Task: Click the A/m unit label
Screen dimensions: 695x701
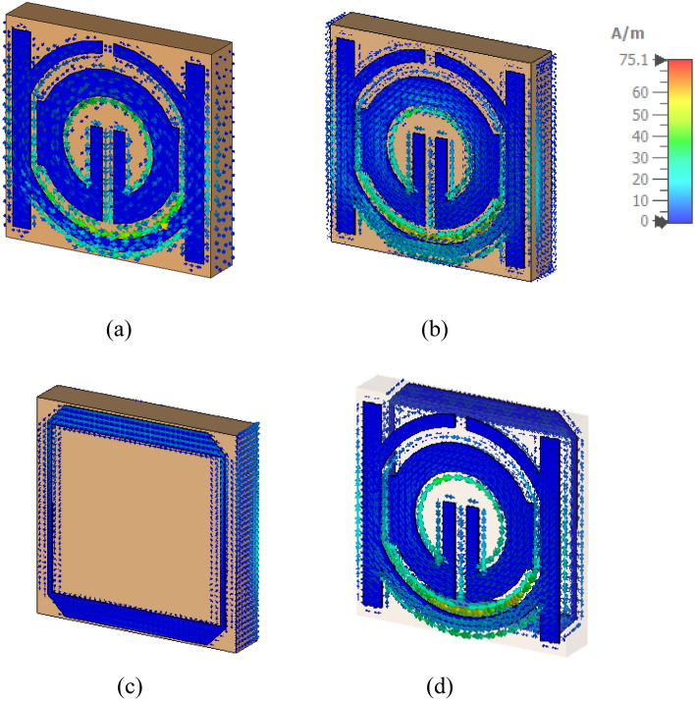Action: coord(627,33)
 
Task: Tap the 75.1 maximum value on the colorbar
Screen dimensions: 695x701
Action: coord(633,60)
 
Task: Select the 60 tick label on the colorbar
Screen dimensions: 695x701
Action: coord(640,92)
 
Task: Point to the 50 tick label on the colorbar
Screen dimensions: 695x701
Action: coord(640,115)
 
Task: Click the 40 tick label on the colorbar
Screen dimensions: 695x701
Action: coord(640,136)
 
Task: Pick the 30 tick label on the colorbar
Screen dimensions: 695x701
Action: coord(640,158)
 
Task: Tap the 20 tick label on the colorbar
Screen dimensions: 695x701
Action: coord(640,180)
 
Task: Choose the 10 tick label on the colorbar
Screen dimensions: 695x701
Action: coord(640,200)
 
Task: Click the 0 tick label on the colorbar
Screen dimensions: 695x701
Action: coord(644,221)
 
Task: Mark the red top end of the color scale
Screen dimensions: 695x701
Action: coord(680,64)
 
